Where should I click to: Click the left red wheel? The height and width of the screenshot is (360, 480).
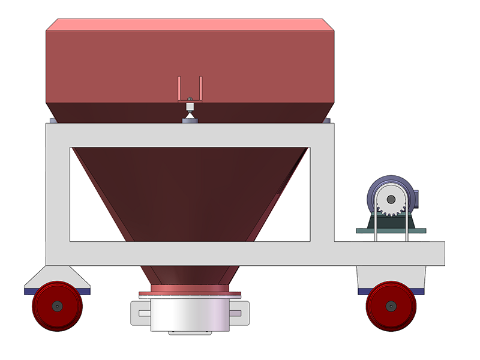[x=56, y=305]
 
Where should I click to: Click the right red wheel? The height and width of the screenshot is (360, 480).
[x=391, y=305]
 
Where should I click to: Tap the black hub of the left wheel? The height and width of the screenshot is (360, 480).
[x=56, y=305]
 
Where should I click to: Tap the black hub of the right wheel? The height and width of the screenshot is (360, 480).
[x=391, y=305]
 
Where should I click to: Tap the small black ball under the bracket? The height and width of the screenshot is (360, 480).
[x=190, y=99]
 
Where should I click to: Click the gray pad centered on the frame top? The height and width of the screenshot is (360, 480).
[x=190, y=121]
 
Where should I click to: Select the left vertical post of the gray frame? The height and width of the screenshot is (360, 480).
[x=58, y=192]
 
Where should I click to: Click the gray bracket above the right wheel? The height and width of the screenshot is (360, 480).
[x=391, y=276]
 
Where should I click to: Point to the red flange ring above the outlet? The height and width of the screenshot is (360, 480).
[x=190, y=293]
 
